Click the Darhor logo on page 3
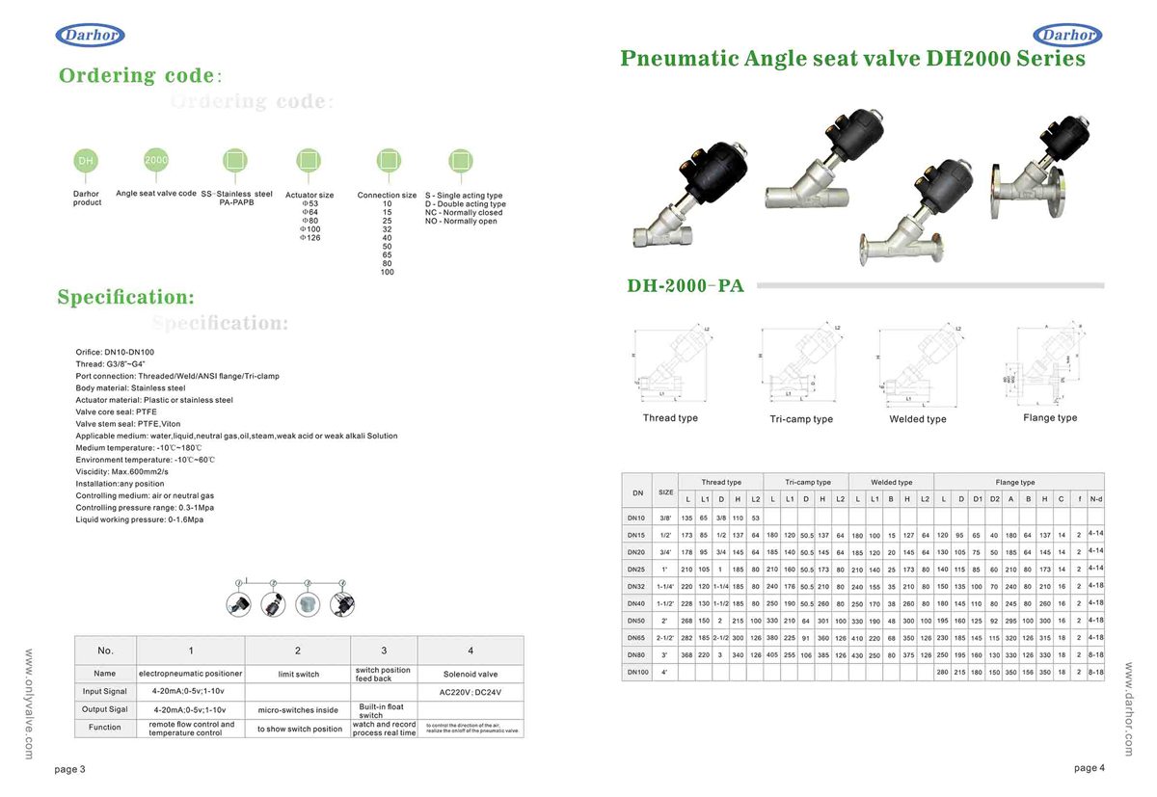click(90, 36)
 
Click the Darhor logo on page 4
click(1066, 36)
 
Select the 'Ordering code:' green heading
click(141, 75)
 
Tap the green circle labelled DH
click(86, 161)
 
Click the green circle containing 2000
click(156, 160)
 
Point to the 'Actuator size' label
click(309, 196)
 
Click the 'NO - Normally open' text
click(461, 222)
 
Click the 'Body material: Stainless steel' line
click(130, 387)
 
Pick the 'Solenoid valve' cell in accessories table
click(471, 674)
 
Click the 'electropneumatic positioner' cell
click(191, 674)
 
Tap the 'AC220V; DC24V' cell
click(471, 692)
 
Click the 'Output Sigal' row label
click(105, 709)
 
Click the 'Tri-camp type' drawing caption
click(800, 419)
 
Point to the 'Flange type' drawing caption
click(1050, 418)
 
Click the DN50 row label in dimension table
click(636, 620)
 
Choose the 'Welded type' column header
click(891, 482)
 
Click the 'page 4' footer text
click(1090, 768)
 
